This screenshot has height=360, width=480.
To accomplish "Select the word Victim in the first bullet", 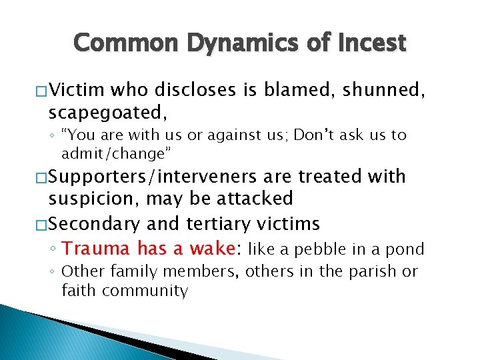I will pos(76,89).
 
